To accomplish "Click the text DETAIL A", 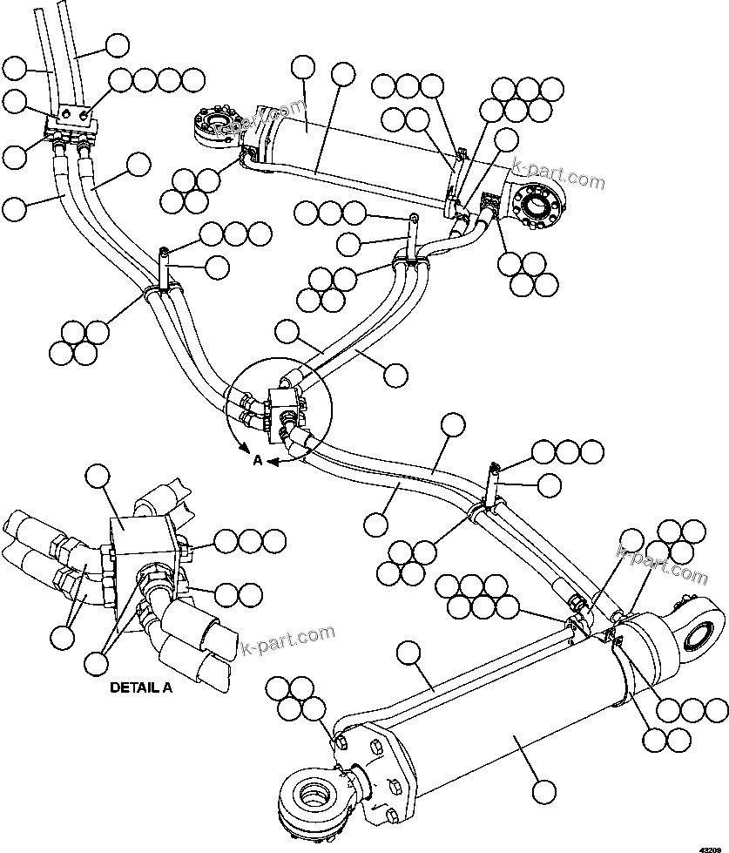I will click(x=141, y=687).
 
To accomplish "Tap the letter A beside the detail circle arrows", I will click(x=257, y=462).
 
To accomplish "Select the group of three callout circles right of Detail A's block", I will click(x=251, y=541).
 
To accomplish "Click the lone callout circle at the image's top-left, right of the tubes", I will click(x=116, y=45).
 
